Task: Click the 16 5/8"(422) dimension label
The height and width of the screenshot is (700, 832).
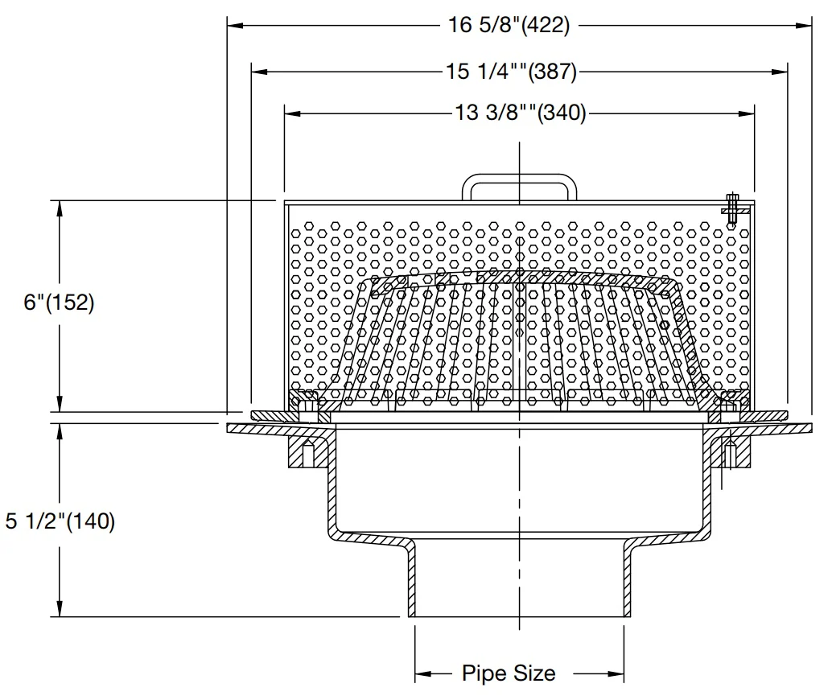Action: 509,25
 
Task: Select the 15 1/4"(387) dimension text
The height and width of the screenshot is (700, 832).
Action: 511,71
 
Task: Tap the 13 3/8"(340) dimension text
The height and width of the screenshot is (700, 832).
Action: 521,113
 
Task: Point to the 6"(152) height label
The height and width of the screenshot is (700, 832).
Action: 59,303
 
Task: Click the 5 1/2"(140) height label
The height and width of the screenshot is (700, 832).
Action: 60,521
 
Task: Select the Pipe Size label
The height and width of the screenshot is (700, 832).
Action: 509,673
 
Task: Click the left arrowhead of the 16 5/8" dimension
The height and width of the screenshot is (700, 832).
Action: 236,25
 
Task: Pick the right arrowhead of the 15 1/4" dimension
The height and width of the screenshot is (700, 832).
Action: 780,71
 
